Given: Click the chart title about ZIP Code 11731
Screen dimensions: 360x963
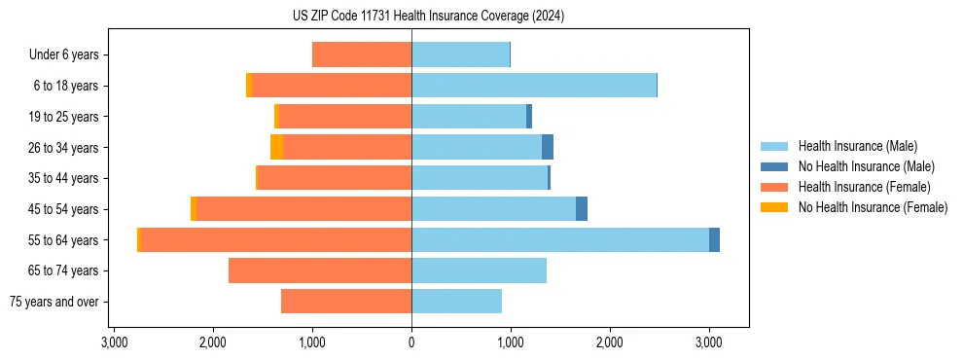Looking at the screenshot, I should coord(428,17).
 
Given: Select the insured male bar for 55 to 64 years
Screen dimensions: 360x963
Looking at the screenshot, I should coord(560,239).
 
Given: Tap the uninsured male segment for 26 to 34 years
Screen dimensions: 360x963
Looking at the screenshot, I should coord(548,147).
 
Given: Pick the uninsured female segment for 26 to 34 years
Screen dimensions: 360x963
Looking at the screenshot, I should coord(277,147).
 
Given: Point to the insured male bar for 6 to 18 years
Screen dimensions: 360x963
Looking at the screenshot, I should coord(534,86).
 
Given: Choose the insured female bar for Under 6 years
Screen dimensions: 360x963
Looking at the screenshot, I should coord(362,54).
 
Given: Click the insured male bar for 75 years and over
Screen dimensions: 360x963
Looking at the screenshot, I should coord(456,302).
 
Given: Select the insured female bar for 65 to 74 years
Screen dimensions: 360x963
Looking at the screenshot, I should coord(320,270).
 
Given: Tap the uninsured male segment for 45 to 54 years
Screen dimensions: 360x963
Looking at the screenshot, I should coord(582,209).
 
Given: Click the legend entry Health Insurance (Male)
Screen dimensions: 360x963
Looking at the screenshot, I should coord(857,146).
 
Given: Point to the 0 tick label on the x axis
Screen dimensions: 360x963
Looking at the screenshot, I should coord(411,343).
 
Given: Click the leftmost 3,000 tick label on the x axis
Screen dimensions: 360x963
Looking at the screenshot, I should coord(114,343).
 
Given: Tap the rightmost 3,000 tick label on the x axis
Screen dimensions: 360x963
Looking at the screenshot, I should coord(709,343).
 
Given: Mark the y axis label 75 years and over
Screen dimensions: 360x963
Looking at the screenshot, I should coord(53,302).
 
